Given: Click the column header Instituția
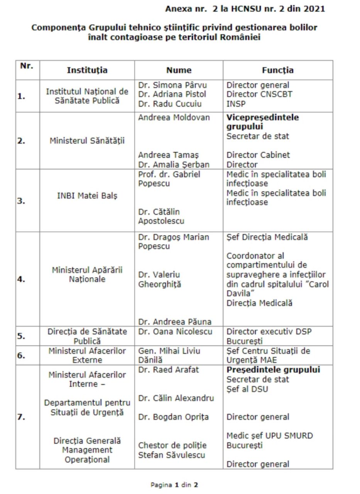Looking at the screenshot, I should pyautogui.click(x=87, y=70).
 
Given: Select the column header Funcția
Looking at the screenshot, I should pyautogui.click(x=277, y=70).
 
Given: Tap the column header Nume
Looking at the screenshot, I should pyautogui.click(x=179, y=70).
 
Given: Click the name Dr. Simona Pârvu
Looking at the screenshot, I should pyautogui.click(x=172, y=85).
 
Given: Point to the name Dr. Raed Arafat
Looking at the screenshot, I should pyautogui.click(x=169, y=370).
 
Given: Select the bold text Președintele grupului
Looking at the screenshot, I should pyautogui.click(x=273, y=370).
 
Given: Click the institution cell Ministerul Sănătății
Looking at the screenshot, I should pyautogui.click(x=87, y=141).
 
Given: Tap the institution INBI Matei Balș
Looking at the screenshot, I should pyautogui.click(x=87, y=196).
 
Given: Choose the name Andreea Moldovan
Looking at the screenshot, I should pyautogui.click(x=174, y=117).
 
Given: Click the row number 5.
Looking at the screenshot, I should pyautogui.click(x=21, y=336).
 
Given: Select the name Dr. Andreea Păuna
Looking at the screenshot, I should pyautogui.click(x=175, y=321).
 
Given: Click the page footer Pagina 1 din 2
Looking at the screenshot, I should pyautogui.click(x=174, y=485).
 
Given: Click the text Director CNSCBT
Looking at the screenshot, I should pyautogui.click(x=259, y=94).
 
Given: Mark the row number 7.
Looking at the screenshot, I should pyautogui.click(x=21, y=417).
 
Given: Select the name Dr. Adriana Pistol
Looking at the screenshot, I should pyautogui.click(x=172, y=94).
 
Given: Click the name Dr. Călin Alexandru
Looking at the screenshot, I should pyautogui.click(x=176, y=398).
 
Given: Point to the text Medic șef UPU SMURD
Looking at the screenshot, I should pyautogui.click(x=270, y=436).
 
